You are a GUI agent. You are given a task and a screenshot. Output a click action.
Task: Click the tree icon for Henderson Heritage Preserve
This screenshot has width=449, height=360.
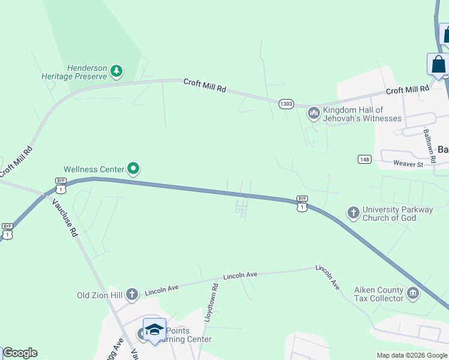click(x=116, y=72)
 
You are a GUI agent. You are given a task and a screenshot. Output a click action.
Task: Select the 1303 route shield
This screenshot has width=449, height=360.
click(x=286, y=104)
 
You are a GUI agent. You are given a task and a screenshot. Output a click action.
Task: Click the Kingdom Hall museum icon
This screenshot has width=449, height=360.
click(x=313, y=113)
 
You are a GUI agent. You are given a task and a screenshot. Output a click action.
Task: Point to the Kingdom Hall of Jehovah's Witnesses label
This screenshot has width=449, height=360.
click(x=362, y=114)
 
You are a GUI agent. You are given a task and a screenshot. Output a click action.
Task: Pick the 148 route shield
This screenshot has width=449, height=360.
click(x=364, y=159)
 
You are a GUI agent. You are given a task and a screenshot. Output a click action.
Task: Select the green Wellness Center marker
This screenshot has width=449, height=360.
click(x=134, y=170)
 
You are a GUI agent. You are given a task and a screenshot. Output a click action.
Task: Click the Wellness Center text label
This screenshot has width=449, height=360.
click(x=94, y=170)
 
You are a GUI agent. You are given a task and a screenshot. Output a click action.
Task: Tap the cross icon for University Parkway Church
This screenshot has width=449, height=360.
click(x=354, y=212)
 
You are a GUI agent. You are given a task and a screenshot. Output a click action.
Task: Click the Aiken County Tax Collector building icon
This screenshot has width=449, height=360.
click(x=412, y=293)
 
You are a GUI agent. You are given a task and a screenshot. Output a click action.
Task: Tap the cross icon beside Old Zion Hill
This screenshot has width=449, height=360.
click(x=132, y=294)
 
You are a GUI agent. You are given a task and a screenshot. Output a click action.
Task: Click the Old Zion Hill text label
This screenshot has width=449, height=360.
click(x=100, y=295)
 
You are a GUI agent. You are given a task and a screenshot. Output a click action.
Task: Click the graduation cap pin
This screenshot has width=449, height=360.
click(x=154, y=330)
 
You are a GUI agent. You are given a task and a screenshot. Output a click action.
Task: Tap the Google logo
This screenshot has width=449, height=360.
click(x=20, y=353)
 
